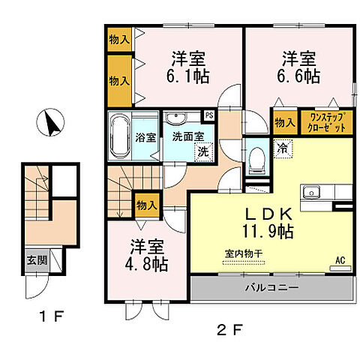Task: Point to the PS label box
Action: click(x=208, y=115)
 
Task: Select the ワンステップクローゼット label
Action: click(x=324, y=121)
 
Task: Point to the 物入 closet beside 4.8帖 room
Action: click(x=147, y=204)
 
